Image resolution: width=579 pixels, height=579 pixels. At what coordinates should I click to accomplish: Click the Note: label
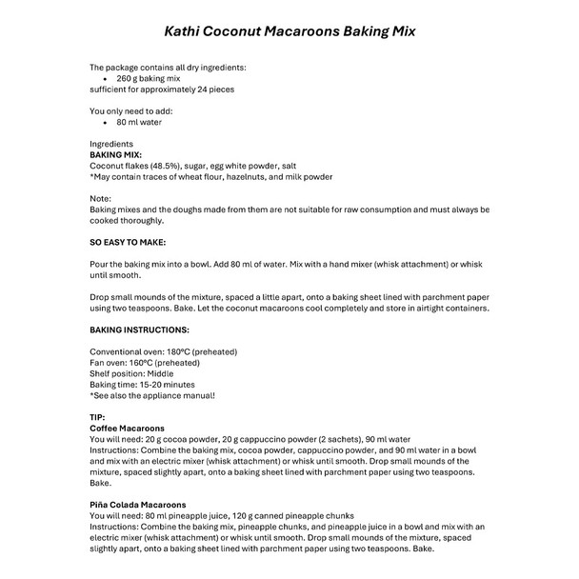(100, 197)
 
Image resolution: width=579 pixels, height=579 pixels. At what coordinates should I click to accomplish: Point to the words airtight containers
(450, 308)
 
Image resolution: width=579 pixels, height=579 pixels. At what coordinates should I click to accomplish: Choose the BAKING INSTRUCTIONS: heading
(139, 329)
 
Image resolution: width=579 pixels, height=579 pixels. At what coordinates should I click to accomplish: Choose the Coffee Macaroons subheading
(127, 429)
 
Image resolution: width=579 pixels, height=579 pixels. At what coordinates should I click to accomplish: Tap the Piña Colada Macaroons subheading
(138, 505)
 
